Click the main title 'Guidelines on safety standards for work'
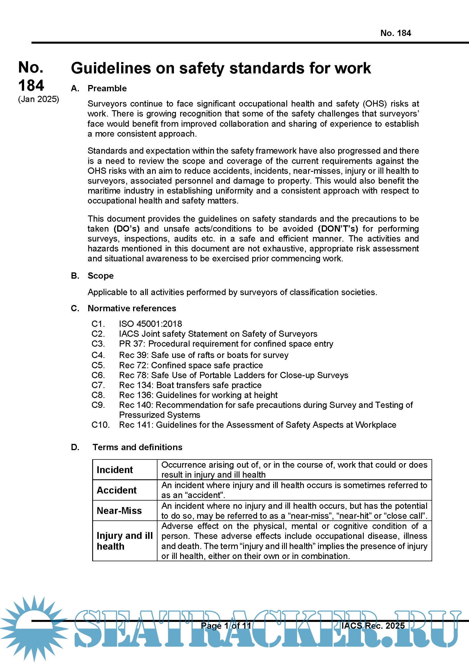pyautogui.click(x=221, y=68)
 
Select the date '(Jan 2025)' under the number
pyautogui.click(x=38, y=99)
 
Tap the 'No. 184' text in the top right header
pyautogui.click(x=395, y=33)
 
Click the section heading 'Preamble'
pyautogui.click(x=107, y=88)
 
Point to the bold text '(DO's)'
pyautogui.click(x=127, y=229)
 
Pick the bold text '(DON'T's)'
pyautogui.click(x=338, y=229)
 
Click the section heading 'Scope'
pyautogui.click(x=100, y=276)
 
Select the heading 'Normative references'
pyautogui.click(x=132, y=308)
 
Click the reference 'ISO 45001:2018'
pyautogui.click(x=151, y=324)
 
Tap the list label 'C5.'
pyautogui.click(x=98, y=365)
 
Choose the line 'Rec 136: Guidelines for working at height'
pyautogui.click(x=198, y=395)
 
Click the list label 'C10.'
pyautogui.click(x=100, y=425)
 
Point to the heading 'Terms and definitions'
pyautogui.click(x=137, y=447)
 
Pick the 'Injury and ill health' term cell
pyautogui.click(x=125, y=541)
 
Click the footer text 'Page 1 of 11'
pyautogui.click(x=226, y=626)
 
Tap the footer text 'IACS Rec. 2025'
pyautogui.click(x=373, y=626)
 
